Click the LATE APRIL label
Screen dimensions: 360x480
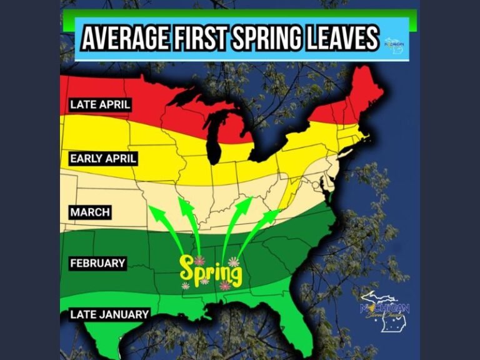point(100,104)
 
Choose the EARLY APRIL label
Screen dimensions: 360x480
point(103,158)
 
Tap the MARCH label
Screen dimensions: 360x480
point(90,212)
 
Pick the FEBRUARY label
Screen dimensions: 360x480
point(97,264)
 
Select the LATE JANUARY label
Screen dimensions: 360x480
point(109,314)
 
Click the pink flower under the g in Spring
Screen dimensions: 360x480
point(225,286)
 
